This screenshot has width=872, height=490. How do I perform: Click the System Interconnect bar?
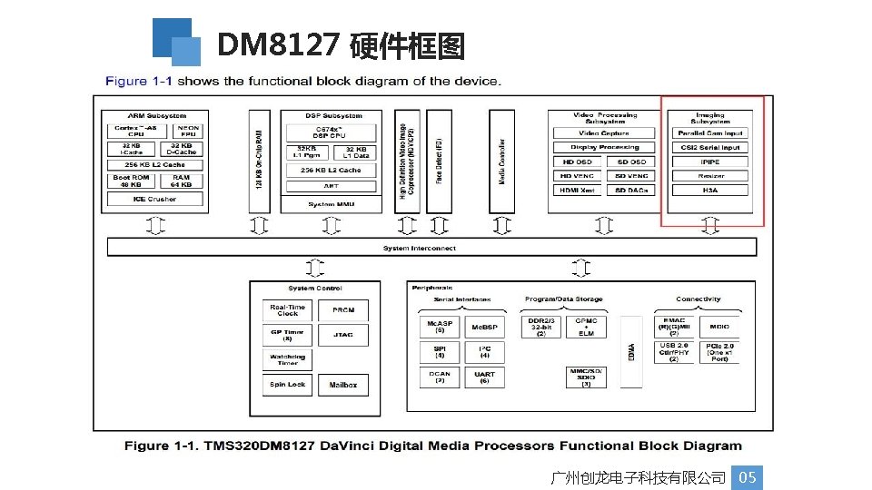pos(419,247)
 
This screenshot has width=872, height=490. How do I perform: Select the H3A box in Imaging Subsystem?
pos(710,191)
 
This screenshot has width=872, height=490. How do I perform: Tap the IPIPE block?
pos(710,162)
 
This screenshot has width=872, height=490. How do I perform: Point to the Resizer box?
pos(710,176)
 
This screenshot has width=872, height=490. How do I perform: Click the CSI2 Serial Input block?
pos(710,147)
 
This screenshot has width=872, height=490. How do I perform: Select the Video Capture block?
pos(604,133)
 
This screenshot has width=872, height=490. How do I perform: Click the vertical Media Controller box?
pos(502,162)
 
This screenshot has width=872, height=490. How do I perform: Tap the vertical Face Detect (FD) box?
pos(439,162)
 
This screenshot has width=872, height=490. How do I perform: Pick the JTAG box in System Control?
pos(343,335)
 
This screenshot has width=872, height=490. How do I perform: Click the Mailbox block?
pos(343,385)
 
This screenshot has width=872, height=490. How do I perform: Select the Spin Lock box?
pos(288,385)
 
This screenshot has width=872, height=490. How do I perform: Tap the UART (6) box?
pos(485,377)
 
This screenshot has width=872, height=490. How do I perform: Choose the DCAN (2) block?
pos(440,377)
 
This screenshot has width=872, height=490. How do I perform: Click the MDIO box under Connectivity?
pos(719,327)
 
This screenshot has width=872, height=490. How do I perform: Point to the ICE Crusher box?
pos(155,200)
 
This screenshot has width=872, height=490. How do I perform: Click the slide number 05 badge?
pos(748,477)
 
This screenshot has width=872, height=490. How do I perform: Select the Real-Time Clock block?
pos(288,310)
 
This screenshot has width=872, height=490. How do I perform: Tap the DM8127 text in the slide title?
pos(279,44)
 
